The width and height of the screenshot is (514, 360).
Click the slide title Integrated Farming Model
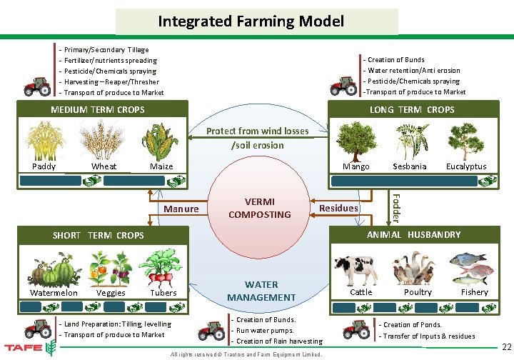click(x=252, y=21)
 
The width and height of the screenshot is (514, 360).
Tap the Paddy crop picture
click(x=44, y=141)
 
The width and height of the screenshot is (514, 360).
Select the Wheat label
click(x=104, y=167)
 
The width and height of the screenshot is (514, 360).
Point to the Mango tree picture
click(x=356, y=141)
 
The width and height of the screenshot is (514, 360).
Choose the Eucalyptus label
click(x=465, y=167)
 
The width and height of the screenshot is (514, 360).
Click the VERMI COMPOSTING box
click(x=258, y=208)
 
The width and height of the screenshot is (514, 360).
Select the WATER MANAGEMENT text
click(x=261, y=291)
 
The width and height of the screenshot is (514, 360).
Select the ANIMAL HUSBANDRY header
click(x=413, y=235)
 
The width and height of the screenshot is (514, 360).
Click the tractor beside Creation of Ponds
click(x=358, y=329)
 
